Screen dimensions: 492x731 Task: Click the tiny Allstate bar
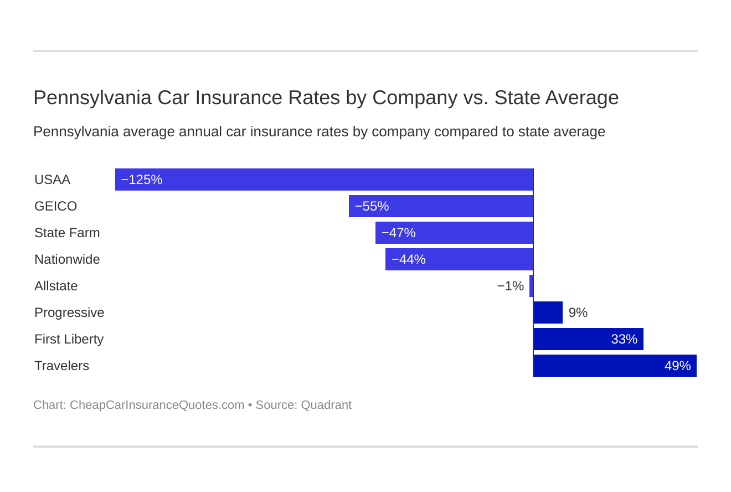[x=531, y=286]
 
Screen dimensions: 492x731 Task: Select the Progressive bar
[x=548, y=312]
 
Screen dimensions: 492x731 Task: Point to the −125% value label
[x=141, y=180]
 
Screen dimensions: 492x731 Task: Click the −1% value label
[x=510, y=286]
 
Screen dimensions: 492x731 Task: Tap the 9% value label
[x=578, y=312]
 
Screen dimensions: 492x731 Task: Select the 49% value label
[x=677, y=366]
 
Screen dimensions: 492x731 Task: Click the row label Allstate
[x=56, y=286]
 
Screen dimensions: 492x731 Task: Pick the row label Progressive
[x=69, y=312]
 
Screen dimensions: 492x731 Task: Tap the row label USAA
[x=52, y=180]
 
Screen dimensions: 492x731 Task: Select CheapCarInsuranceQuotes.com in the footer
[x=157, y=405]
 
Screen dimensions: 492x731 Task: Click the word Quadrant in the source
[x=326, y=405]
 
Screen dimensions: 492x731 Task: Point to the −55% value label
[x=372, y=206]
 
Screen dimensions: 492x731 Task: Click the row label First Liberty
[x=69, y=339]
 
